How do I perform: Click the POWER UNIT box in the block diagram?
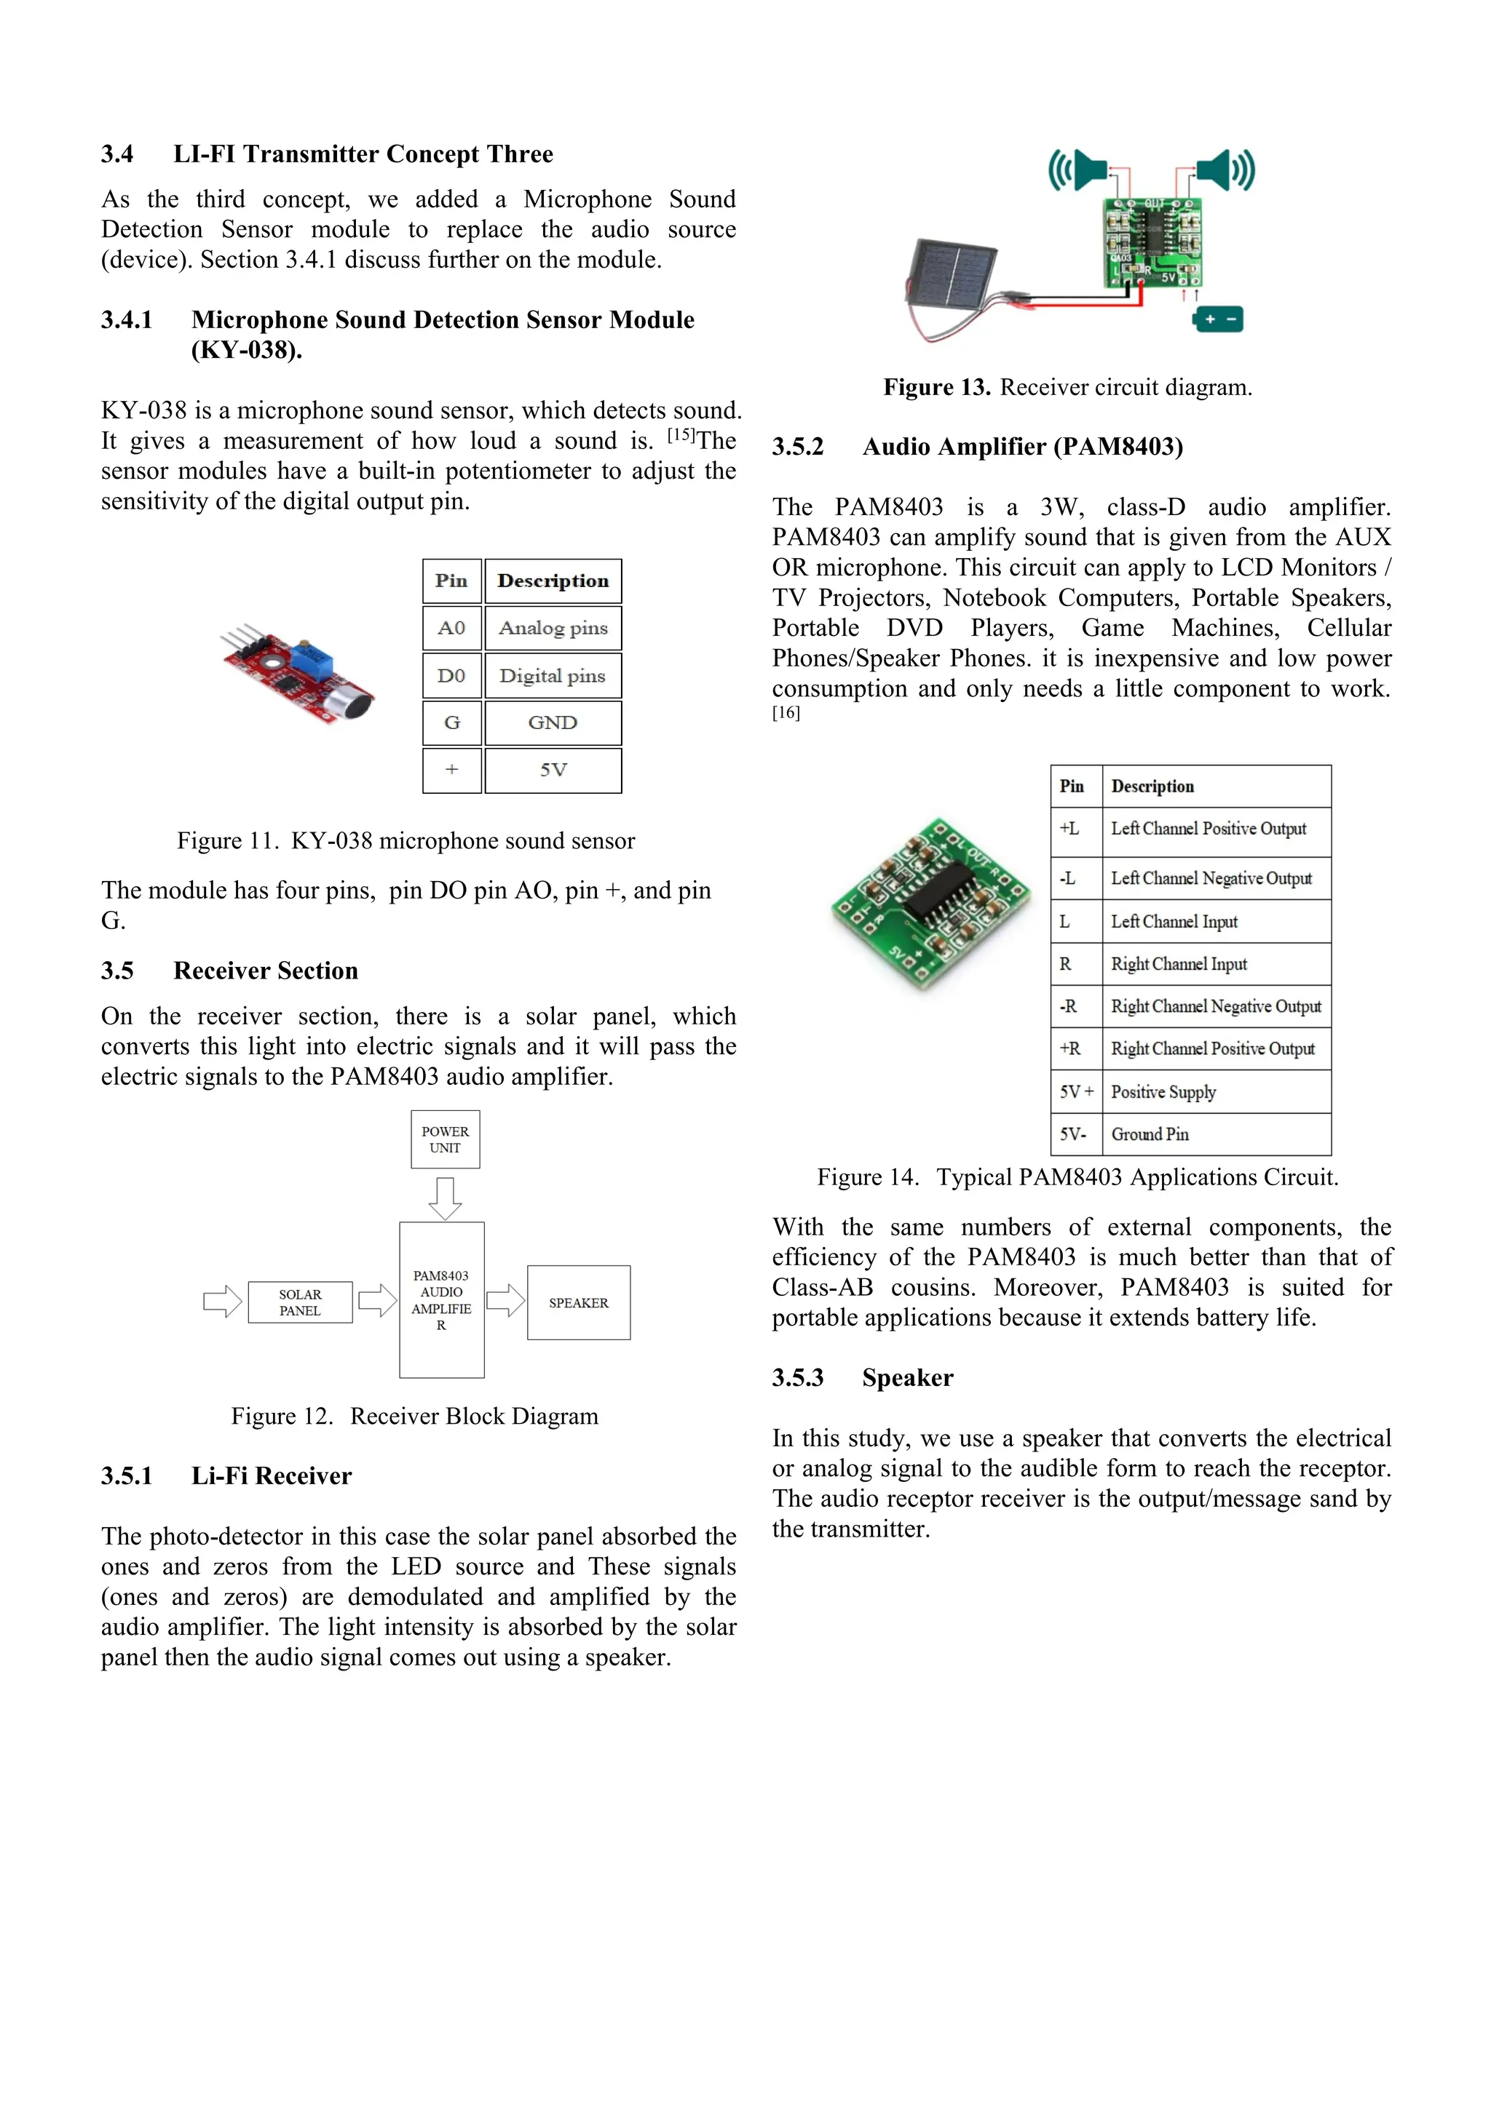(x=446, y=1139)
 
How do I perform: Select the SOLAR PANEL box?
(x=300, y=1302)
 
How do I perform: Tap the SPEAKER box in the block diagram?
(x=578, y=1302)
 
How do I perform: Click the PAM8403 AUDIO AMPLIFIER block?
(x=442, y=1299)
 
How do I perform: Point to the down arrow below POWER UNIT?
(x=446, y=1198)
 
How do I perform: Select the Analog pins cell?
(x=553, y=629)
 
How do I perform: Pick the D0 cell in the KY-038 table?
(x=451, y=677)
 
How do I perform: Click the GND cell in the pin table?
(x=553, y=723)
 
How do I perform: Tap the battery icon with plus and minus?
(x=1218, y=319)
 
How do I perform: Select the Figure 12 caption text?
(x=414, y=1416)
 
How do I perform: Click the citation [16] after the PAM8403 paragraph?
(x=786, y=713)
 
